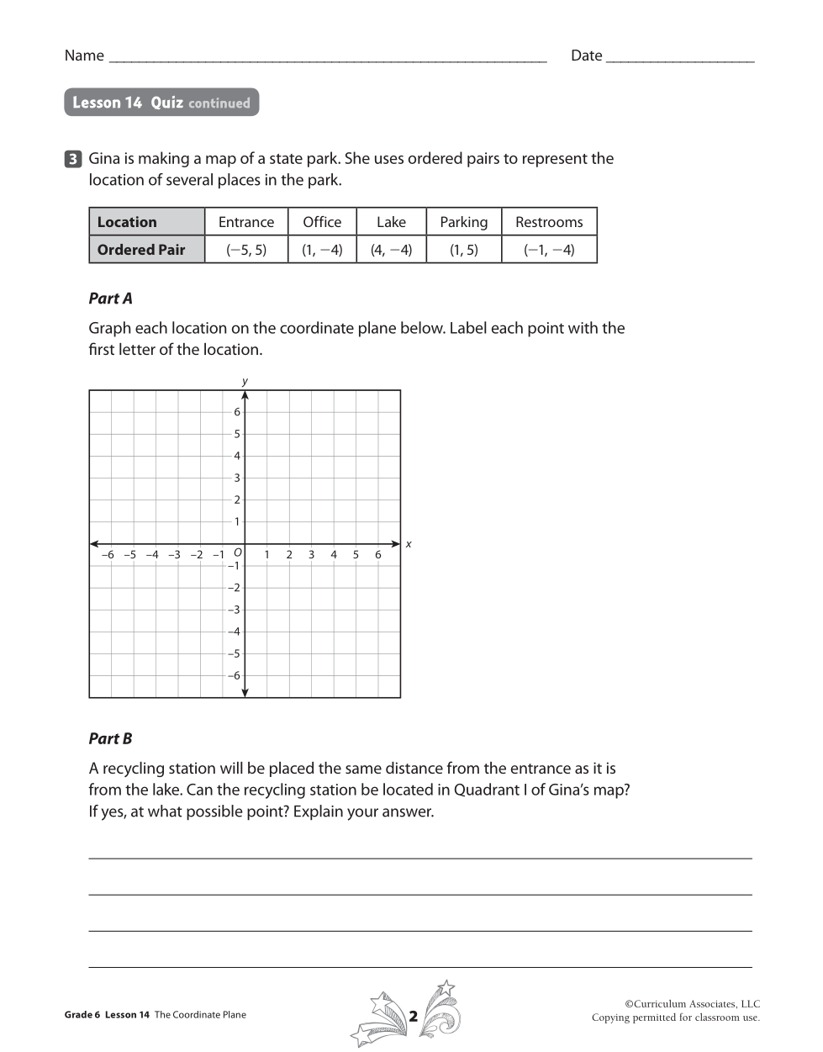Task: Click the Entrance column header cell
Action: [x=246, y=222]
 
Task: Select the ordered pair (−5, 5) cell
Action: [x=246, y=250]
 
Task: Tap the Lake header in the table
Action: [x=391, y=222]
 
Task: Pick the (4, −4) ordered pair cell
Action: [x=391, y=250]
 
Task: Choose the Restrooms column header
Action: [x=549, y=222]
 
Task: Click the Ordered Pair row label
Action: [x=141, y=250]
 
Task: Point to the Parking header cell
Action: [x=463, y=222]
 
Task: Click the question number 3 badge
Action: [x=73, y=159]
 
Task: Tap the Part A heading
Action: [x=111, y=299]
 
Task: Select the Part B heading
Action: [x=111, y=739]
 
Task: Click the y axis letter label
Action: [x=245, y=381]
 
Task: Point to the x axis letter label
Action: [x=409, y=544]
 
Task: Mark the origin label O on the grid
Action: [x=238, y=552]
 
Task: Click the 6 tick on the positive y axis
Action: [x=237, y=412]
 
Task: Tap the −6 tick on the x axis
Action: [x=108, y=555]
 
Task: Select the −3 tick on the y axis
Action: [x=234, y=610]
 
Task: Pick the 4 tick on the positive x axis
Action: [x=334, y=555]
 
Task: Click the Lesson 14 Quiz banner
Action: [x=161, y=103]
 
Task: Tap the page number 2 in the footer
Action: [x=413, y=1016]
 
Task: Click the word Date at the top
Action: [x=586, y=56]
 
